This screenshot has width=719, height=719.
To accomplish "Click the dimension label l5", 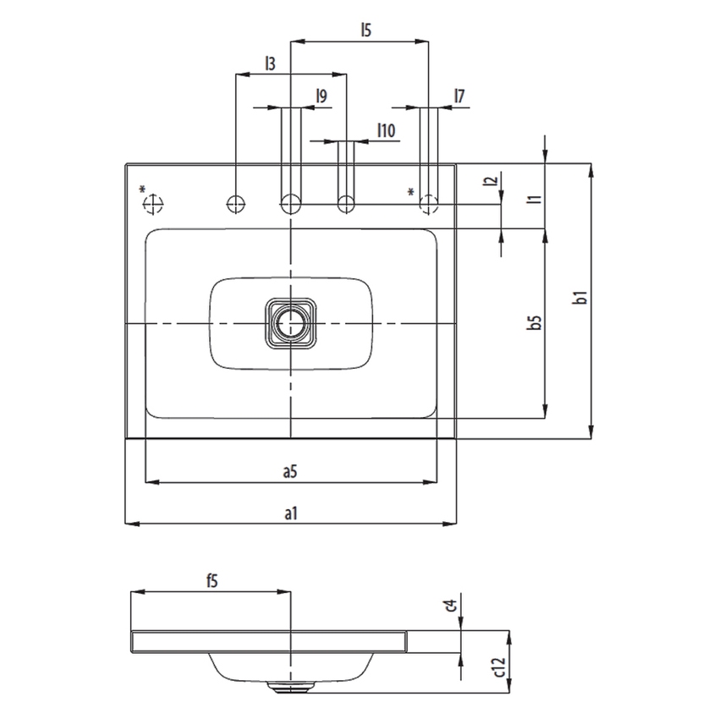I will click(x=365, y=30).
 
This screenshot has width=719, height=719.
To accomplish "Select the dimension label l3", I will click(x=270, y=63).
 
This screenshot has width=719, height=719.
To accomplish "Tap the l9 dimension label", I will click(x=321, y=96).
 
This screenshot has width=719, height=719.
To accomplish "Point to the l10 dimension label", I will click(x=386, y=129).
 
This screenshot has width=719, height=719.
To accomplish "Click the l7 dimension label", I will click(x=459, y=96).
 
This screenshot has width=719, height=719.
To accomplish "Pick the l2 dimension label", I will click(x=489, y=182).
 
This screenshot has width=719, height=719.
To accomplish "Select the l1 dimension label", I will click(x=533, y=199).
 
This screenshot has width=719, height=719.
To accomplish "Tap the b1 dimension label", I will click(x=579, y=298).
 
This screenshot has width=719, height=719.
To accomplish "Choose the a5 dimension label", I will click(x=289, y=472).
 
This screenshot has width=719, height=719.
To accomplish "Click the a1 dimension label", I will click(x=289, y=513).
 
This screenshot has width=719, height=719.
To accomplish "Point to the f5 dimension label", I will click(x=211, y=581).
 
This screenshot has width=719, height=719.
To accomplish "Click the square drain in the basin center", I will click(x=290, y=323).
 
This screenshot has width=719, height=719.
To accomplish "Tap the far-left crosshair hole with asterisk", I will click(x=153, y=203).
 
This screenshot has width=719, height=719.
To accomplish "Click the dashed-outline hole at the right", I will click(x=430, y=203).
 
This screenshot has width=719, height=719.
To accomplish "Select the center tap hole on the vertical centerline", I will click(x=290, y=203).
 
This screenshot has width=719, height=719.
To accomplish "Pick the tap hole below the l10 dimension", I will click(x=345, y=203).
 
